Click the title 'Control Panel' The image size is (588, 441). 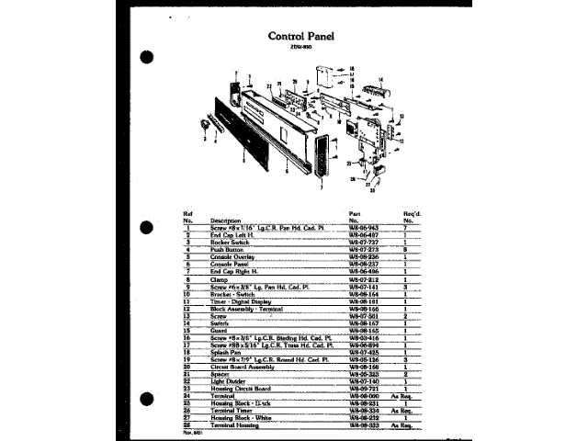(x=301, y=37)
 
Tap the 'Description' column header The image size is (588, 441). (x=225, y=220)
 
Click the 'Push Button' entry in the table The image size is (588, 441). (x=226, y=249)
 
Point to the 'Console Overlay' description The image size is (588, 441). (x=232, y=256)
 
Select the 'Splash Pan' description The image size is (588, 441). (x=227, y=352)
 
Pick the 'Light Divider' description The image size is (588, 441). (x=230, y=381)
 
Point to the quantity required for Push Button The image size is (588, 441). (x=405, y=249)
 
